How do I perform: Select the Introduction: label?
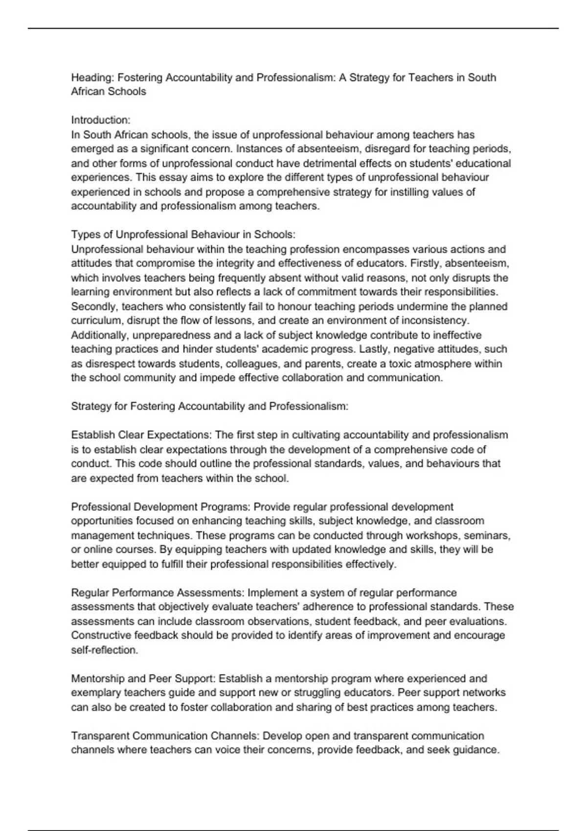click(101, 120)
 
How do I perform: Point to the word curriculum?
click(96, 321)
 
